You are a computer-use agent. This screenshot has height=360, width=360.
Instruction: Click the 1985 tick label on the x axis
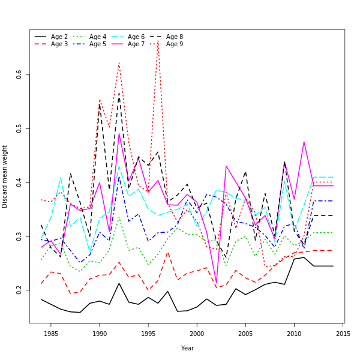pyautogui.click(x=51, y=334)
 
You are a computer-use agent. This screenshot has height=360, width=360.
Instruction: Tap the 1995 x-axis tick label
pyautogui.click(x=148, y=334)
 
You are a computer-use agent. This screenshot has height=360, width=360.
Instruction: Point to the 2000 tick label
pyautogui.click(x=197, y=334)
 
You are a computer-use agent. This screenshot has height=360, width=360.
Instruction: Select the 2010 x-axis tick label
pyautogui.click(x=294, y=334)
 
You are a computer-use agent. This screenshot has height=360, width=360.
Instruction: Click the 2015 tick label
pyautogui.click(x=343, y=334)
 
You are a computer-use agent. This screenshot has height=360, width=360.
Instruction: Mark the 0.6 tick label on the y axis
pyautogui.click(x=19, y=74)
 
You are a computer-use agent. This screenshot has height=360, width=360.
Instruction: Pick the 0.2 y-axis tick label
pyautogui.click(x=19, y=290)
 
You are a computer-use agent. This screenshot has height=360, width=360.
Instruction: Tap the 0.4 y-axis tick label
pyautogui.click(x=19, y=182)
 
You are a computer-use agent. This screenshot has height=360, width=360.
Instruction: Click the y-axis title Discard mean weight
pyautogui.click(x=5, y=176)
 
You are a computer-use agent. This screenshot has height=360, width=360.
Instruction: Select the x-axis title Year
pyautogui.click(x=187, y=348)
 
